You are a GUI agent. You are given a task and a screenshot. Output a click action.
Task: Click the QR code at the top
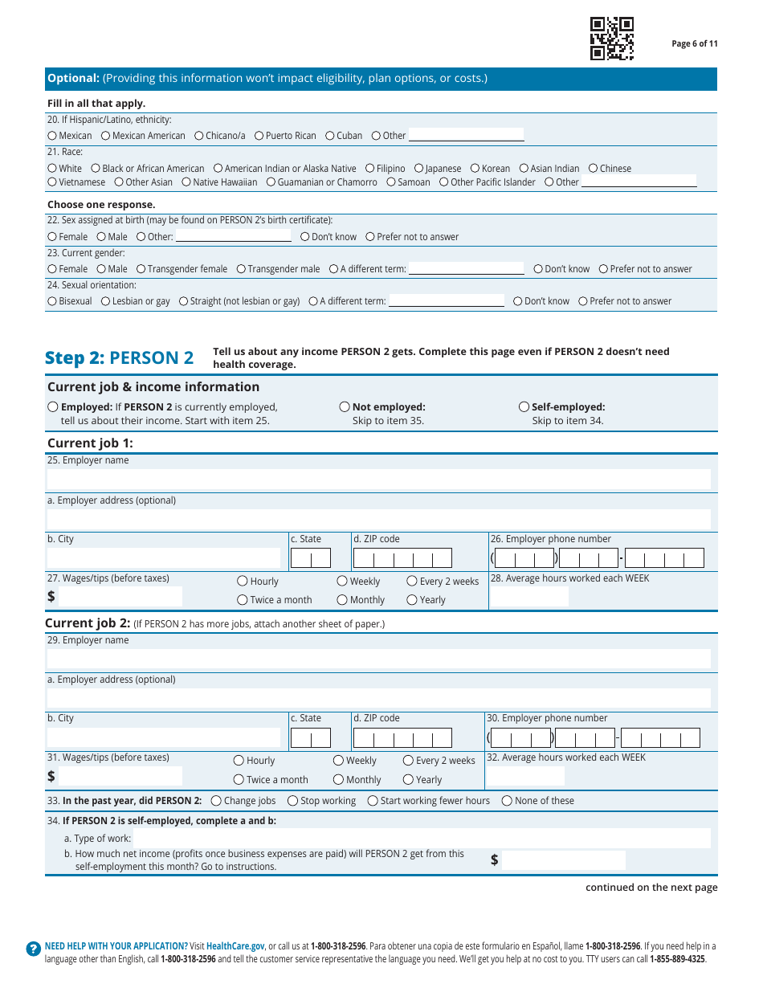click(x=612, y=39)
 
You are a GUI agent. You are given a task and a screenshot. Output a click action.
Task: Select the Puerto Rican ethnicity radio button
click(x=259, y=136)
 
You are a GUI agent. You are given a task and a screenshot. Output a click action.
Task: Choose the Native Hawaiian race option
click(x=186, y=182)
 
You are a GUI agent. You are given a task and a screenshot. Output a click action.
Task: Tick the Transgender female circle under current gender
click(x=141, y=269)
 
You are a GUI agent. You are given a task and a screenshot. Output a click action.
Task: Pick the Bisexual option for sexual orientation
click(x=52, y=301)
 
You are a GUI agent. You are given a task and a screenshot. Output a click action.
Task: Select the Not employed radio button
click(x=345, y=407)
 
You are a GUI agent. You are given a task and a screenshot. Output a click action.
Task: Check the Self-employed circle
click(x=524, y=407)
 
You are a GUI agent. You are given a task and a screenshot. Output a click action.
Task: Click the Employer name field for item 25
click(x=378, y=480)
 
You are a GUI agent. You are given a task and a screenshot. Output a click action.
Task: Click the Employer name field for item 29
click(x=378, y=659)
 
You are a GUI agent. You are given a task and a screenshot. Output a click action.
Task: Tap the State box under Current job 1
click(x=310, y=558)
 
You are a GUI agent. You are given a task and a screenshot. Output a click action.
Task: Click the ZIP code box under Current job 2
click(x=402, y=738)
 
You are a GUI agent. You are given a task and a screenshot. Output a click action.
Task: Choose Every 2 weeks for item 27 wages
click(x=412, y=582)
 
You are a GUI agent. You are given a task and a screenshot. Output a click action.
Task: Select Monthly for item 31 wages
click(x=339, y=780)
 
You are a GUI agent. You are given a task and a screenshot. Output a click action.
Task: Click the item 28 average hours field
click(x=528, y=597)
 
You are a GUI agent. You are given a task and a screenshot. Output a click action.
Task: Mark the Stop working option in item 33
click(x=293, y=801)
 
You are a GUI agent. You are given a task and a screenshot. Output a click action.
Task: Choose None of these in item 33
click(x=507, y=801)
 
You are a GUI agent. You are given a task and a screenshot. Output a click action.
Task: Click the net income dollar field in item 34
click(x=563, y=860)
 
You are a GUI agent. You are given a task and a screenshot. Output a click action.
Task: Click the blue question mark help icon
click(x=33, y=949)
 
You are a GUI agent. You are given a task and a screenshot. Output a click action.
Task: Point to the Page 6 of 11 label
click(x=694, y=44)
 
